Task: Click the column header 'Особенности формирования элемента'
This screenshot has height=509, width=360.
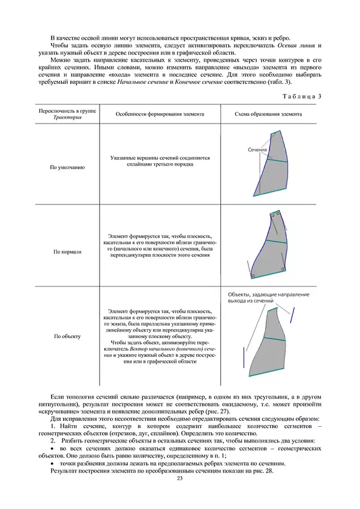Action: [x=160, y=113]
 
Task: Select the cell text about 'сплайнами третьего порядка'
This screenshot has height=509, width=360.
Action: [x=160, y=163]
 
